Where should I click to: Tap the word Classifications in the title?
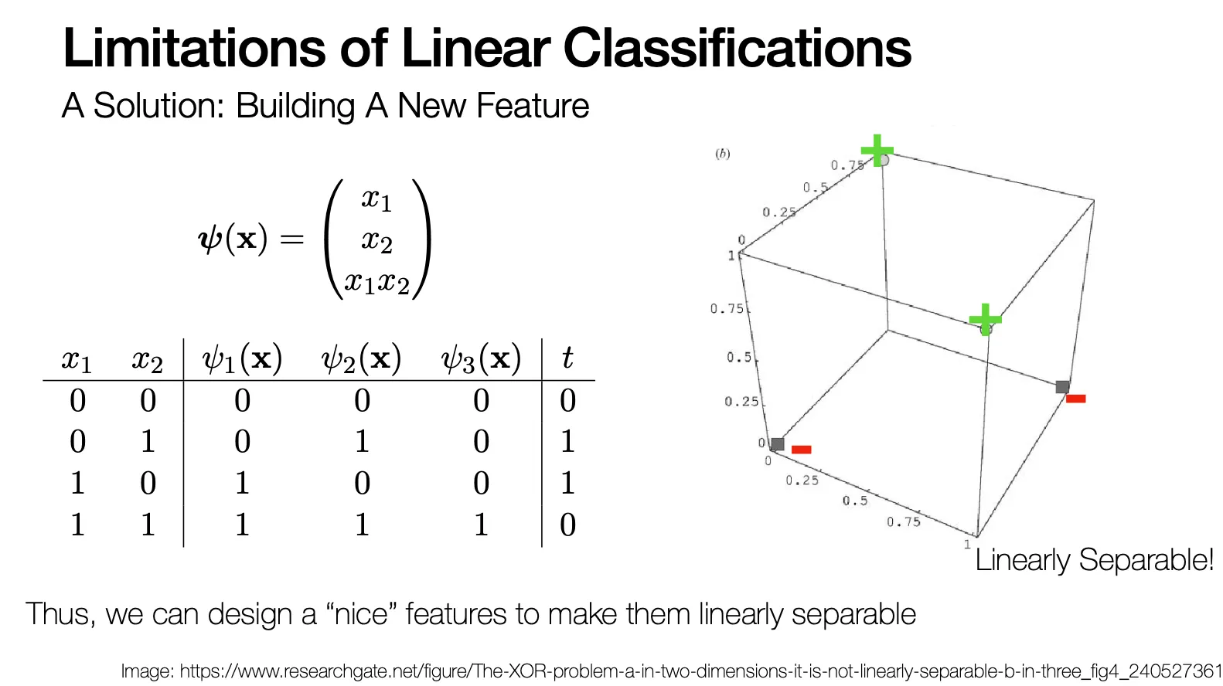(737, 48)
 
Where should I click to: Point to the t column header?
(567, 358)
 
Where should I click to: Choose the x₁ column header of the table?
(77, 360)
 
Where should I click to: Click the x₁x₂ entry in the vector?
(376, 282)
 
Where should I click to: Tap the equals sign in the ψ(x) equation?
(291, 239)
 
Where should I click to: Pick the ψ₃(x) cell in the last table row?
(481, 525)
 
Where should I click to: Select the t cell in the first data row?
(567, 401)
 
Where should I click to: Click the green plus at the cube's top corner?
(877, 150)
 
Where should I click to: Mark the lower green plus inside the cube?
(986, 319)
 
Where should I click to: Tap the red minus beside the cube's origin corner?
(802, 449)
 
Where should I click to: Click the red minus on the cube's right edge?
(1075, 399)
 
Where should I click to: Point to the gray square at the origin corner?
(778, 444)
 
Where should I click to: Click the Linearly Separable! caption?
(1094, 560)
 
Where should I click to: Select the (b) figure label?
(723, 154)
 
